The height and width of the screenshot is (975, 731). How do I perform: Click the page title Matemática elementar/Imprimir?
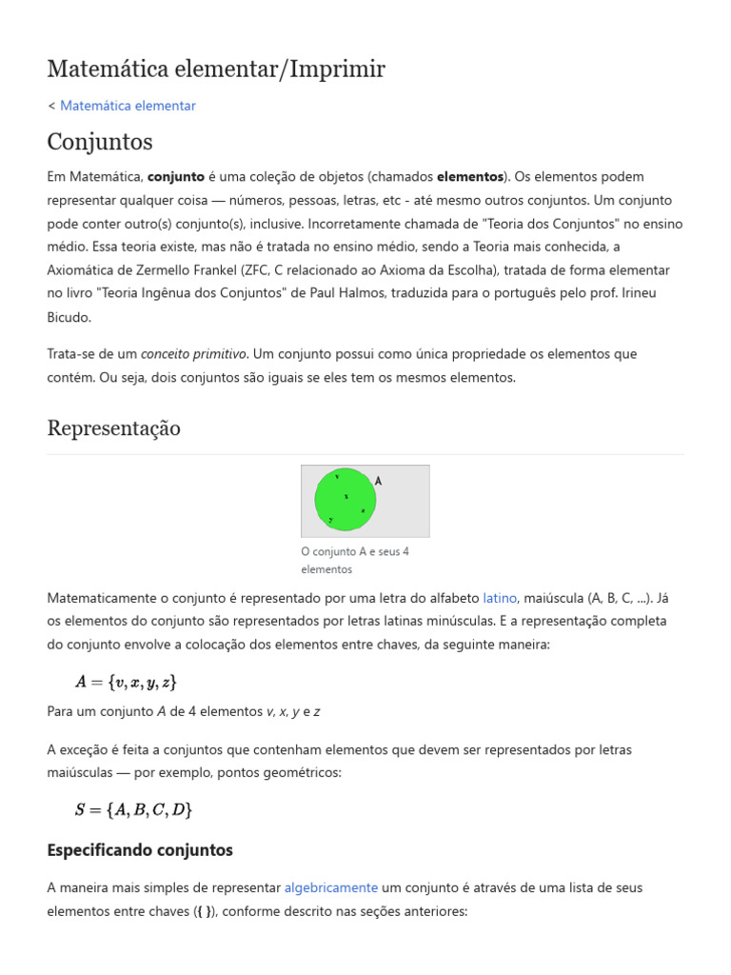(x=216, y=69)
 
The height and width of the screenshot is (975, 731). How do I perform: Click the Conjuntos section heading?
(x=100, y=142)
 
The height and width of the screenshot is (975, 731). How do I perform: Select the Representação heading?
(x=113, y=428)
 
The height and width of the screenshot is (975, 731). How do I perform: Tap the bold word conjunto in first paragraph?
(x=176, y=176)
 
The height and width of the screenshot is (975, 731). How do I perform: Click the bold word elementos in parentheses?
(x=469, y=176)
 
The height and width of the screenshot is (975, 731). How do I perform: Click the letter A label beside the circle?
(x=378, y=482)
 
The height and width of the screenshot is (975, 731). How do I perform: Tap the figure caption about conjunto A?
(x=354, y=560)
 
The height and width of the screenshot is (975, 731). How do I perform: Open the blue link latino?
(x=500, y=598)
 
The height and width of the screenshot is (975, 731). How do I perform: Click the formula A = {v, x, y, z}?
(x=127, y=682)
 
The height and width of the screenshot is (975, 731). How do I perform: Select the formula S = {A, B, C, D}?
(x=134, y=810)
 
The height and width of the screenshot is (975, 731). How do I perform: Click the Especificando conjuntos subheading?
(x=140, y=849)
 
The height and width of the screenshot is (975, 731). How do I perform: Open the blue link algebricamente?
(x=331, y=887)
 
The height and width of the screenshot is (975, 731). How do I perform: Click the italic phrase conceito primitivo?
(x=194, y=354)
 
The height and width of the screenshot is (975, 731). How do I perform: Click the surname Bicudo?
(x=69, y=317)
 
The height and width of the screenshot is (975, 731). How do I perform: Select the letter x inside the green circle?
(x=346, y=496)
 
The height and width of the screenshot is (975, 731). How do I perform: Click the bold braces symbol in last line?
(x=204, y=911)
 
